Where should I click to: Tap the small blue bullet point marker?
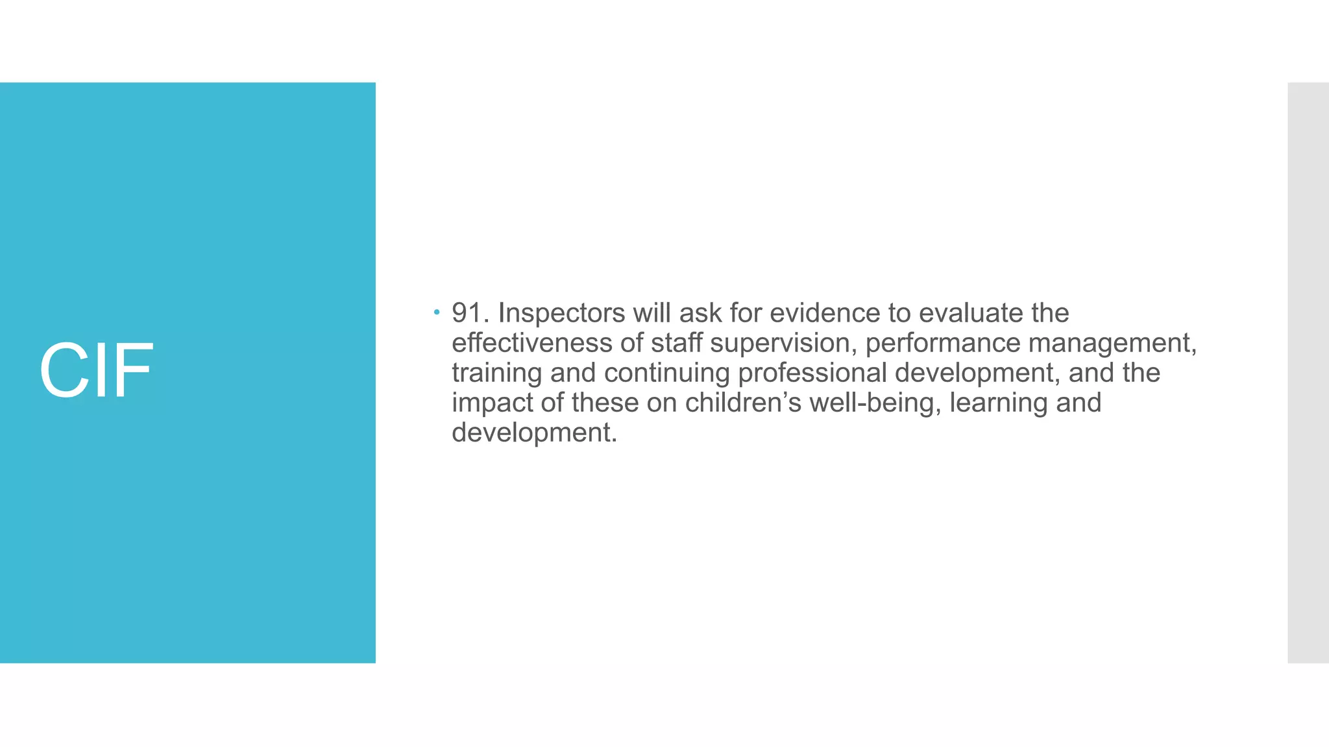coord(437,313)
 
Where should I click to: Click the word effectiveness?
coord(531,343)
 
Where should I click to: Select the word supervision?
coord(783,343)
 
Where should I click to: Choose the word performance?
coord(942,343)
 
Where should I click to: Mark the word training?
coord(496,373)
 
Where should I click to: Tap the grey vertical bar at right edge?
coord(1308,372)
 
